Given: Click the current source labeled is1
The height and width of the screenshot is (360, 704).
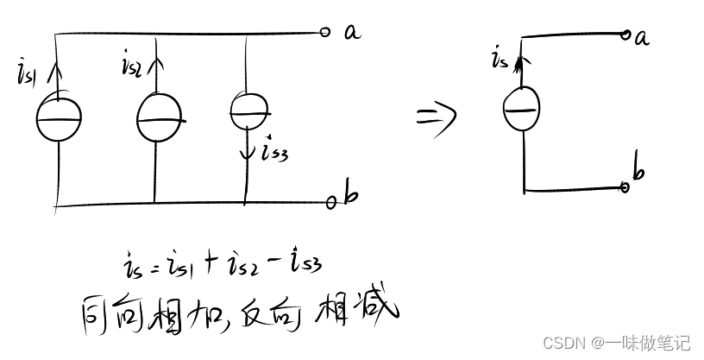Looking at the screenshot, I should tap(58, 119).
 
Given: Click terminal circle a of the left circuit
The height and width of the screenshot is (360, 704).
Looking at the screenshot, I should tap(324, 33).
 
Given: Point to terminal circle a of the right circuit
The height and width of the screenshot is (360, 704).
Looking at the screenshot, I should tap(627, 35).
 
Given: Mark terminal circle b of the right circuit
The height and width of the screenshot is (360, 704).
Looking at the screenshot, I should tap(626, 186).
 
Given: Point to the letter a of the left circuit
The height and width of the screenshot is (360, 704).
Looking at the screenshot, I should tap(352, 32).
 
